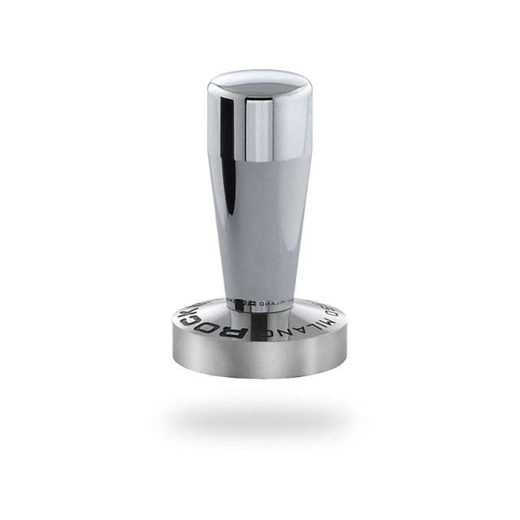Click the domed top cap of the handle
[x=258, y=81]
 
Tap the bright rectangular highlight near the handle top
[x=258, y=130]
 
